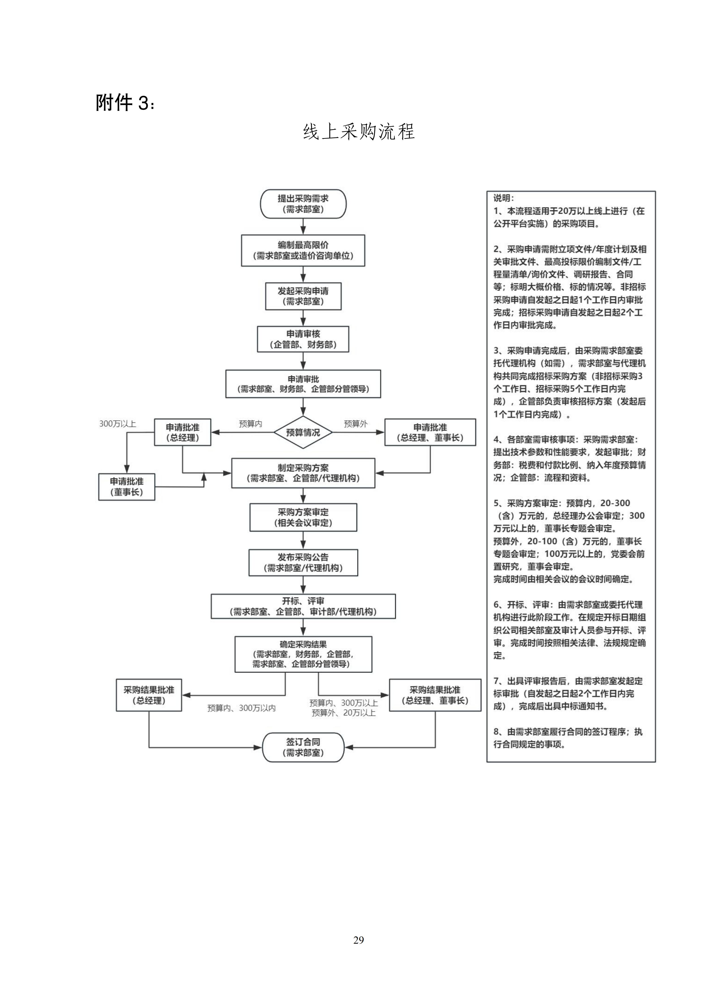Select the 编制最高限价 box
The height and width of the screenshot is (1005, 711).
[303, 250]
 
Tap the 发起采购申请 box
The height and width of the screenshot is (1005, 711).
[303, 296]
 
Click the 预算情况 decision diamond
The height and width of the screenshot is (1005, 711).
[303, 432]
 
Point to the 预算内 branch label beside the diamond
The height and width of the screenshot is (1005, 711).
[250, 424]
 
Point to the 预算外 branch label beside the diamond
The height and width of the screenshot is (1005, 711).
[356, 424]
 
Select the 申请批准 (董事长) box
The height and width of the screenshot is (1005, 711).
[127, 487]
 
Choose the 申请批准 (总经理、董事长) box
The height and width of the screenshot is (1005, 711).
[430, 432]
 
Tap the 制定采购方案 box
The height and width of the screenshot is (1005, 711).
[303, 473]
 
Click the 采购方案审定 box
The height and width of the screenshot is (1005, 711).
[303, 517]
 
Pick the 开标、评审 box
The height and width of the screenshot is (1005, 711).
[303, 606]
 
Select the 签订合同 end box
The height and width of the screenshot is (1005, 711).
[303, 747]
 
